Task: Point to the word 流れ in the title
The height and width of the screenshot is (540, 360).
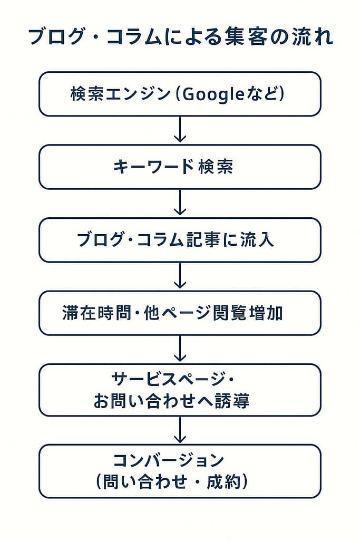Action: coord(313,37)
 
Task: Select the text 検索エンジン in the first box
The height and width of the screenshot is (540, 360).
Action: coord(121,94)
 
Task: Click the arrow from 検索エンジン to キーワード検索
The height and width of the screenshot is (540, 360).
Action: coord(180,129)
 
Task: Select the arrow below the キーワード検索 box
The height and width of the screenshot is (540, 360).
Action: coord(180,202)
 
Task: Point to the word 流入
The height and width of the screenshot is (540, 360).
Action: coord(257,240)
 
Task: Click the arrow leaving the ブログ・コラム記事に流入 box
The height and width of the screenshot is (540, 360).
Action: coord(180,275)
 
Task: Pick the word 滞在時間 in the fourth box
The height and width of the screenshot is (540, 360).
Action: coord(97,313)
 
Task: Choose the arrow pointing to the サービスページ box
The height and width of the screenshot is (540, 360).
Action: coord(180,348)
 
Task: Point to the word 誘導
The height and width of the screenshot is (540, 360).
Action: coord(232,401)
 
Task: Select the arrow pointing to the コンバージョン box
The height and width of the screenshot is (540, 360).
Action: coord(180,429)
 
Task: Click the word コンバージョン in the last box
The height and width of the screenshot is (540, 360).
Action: coord(169,460)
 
